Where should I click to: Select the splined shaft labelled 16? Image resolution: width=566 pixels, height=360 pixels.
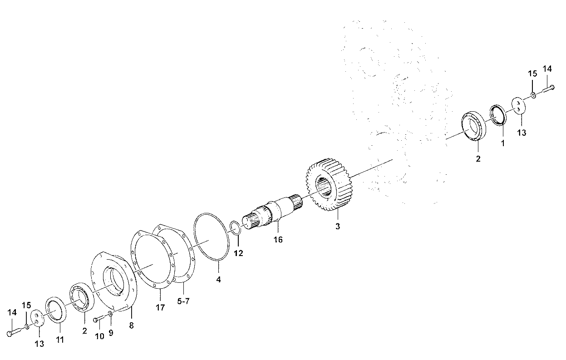click(273, 212)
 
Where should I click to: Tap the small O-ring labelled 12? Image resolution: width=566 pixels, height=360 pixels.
click(235, 228)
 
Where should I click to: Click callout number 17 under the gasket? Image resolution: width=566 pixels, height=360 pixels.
click(160, 307)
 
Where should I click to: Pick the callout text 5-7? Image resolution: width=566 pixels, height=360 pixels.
click(183, 301)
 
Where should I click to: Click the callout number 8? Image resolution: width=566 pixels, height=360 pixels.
click(131, 325)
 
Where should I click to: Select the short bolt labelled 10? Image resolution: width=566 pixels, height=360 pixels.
click(100, 319)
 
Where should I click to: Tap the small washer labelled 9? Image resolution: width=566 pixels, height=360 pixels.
click(110, 314)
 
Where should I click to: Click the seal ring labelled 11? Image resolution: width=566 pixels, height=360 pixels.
click(56, 310)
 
